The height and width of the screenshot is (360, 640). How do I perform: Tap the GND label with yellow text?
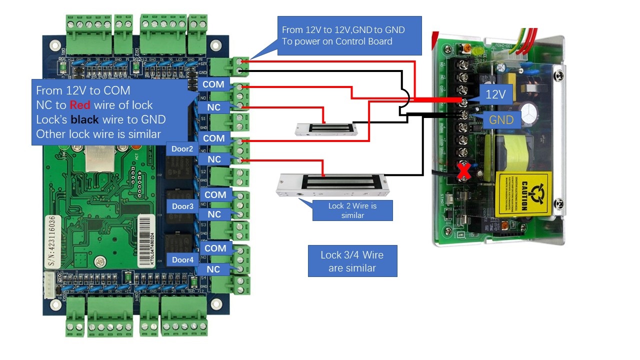(x=501, y=120)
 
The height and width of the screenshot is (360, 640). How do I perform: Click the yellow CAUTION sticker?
(x=523, y=194)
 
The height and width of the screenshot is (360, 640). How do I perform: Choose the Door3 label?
(x=182, y=206)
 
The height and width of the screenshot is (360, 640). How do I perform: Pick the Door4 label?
(x=182, y=260)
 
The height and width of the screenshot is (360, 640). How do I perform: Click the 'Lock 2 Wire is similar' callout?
(x=352, y=210)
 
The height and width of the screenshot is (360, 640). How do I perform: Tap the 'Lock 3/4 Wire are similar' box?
(x=352, y=261)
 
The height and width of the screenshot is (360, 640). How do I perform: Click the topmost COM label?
(x=213, y=84)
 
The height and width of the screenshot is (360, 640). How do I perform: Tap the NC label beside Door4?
(x=213, y=269)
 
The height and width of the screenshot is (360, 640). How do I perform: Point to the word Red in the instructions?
(x=80, y=105)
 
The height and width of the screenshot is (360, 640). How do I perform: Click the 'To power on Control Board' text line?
(x=337, y=41)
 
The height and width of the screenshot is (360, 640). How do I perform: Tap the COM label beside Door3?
(x=215, y=194)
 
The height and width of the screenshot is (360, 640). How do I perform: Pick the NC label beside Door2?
(x=214, y=159)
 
